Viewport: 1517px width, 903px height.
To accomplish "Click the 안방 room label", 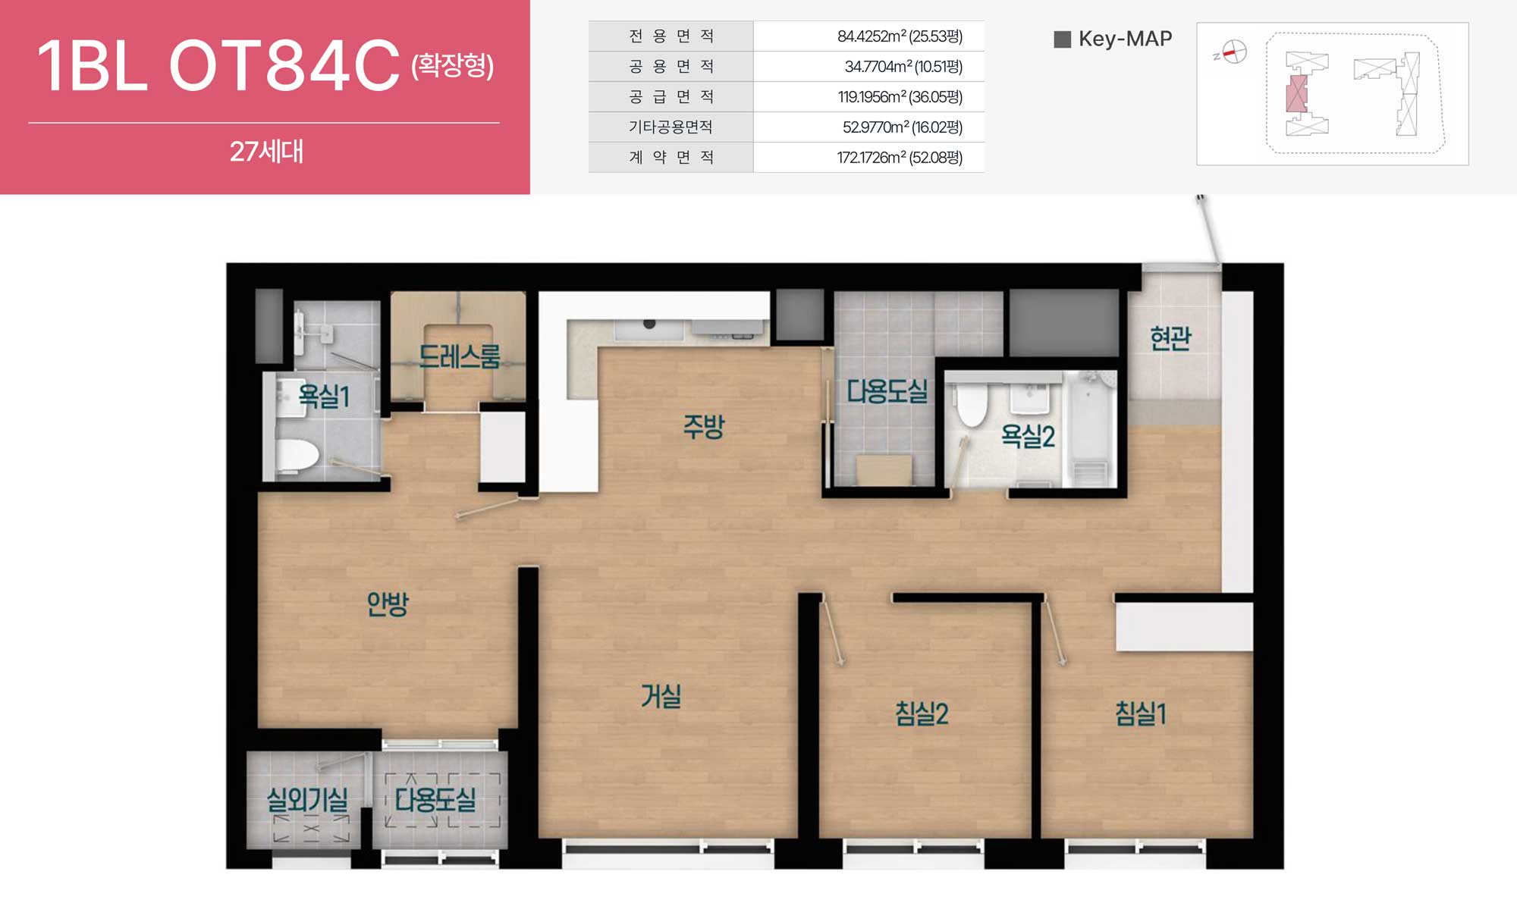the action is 388,604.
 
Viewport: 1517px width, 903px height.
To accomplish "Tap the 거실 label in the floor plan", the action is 661,695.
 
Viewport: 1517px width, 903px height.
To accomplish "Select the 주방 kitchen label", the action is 704,426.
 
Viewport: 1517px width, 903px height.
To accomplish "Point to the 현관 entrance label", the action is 1170,338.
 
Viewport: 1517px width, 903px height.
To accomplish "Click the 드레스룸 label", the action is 460,356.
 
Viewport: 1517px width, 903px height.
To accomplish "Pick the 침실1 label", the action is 1140,713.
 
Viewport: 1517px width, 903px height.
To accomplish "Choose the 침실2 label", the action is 922,713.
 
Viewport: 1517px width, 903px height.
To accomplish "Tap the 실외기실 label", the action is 307,799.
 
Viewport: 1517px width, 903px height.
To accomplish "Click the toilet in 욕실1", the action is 297,456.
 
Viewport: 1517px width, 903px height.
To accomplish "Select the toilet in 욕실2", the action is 972,406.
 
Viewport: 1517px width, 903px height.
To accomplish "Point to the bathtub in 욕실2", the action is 1089,428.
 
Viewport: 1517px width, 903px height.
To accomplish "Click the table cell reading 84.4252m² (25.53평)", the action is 900,36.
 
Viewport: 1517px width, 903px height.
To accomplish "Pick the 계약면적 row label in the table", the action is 671,158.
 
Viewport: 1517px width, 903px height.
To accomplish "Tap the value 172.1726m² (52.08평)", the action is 900,158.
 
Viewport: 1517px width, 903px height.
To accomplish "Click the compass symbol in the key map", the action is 1234,52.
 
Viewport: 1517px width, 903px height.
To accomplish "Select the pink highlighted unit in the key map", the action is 1296,94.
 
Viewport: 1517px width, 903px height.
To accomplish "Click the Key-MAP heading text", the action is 1125,39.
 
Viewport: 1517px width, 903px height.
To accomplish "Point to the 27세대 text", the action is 266,152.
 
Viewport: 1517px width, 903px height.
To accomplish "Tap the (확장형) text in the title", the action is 453,65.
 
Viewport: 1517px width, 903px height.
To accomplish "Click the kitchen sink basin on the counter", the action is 649,329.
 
